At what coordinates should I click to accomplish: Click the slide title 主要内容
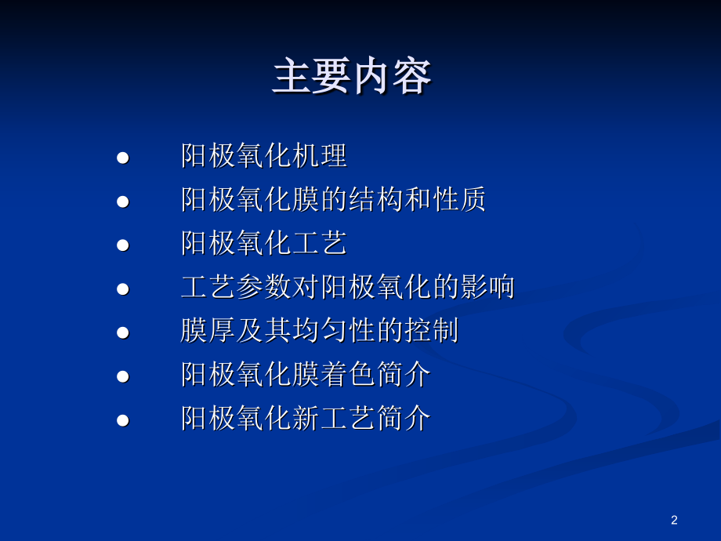pyautogui.click(x=352, y=76)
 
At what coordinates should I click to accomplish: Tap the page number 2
pyautogui.click(x=674, y=520)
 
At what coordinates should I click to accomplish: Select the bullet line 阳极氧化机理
pyautogui.click(x=264, y=155)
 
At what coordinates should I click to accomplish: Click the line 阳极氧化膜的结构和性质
pyautogui.click(x=333, y=199)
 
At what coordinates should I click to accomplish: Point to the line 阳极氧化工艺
pyautogui.click(x=264, y=243)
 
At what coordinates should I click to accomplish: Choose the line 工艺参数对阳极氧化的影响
pyautogui.click(x=348, y=287)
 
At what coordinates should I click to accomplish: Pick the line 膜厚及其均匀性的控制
pyautogui.click(x=320, y=330)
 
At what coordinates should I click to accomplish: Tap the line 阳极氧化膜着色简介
pyautogui.click(x=306, y=374)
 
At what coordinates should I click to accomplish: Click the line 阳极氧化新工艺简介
pyautogui.click(x=306, y=418)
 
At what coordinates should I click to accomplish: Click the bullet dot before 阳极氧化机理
pyautogui.click(x=123, y=158)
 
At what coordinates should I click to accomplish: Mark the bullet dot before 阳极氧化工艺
pyautogui.click(x=123, y=245)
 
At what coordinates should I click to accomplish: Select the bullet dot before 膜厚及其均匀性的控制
pyautogui.click(x=123, y=332)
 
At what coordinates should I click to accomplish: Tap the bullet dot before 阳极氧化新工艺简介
pyautogui.click(x=123, y=420)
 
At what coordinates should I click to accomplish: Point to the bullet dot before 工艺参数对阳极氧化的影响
pyautogui.click(x=123, y=289)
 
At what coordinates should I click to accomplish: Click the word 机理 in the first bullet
pyautogui.click(x=320, y=155)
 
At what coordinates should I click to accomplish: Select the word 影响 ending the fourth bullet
pyautogui.click(x=487, y=287)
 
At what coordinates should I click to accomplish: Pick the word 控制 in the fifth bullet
pyautogui.click(x=431, y=330)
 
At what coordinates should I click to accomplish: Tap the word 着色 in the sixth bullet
pyautogui.click(x=348, y=374)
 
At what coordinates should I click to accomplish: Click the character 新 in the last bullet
pyautogui.click(x=306, y=418)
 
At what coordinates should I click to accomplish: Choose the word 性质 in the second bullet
pyautogui.click(x=459, y=199)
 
